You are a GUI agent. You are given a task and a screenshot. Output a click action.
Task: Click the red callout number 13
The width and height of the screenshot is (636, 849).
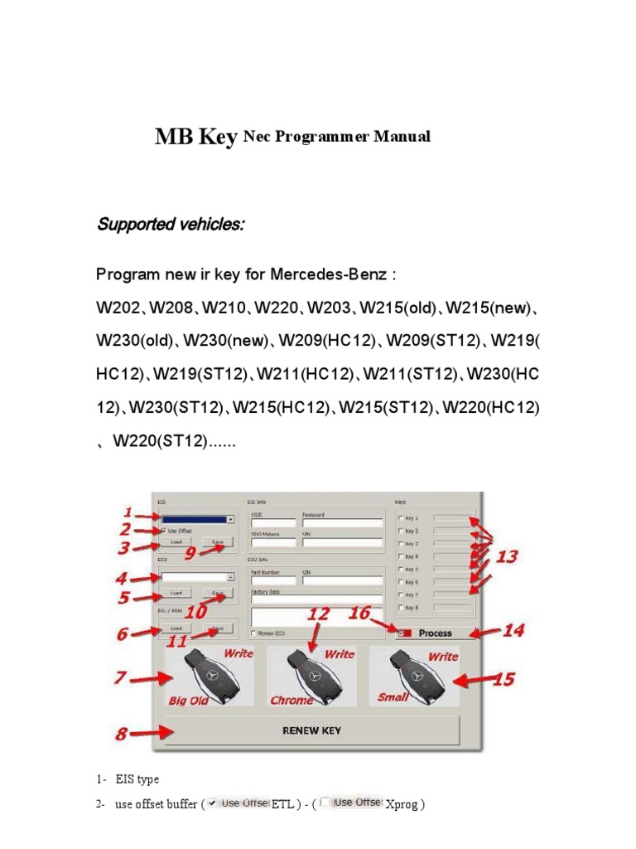click(x=507, y=556)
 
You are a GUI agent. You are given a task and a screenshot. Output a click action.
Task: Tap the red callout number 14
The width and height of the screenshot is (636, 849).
click(x=513, y=631)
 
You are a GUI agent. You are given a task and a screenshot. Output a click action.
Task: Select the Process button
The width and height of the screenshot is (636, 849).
click(x=435, y=633)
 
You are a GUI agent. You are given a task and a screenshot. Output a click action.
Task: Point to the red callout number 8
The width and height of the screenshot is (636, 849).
click(x=123, y=734)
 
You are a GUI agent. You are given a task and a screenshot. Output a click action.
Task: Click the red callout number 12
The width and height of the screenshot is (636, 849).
click(x=319, y=614)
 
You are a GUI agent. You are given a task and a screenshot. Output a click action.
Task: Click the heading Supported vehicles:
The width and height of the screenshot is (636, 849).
click(x=170, y=225)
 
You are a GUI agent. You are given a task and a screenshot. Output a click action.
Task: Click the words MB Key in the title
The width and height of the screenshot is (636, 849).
click(x=195, y=137)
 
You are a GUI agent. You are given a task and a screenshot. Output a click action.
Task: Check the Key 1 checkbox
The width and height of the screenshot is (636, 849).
click(x=402, y=519)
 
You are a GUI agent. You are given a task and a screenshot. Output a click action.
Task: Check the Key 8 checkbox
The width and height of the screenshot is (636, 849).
click(x=402, y=608)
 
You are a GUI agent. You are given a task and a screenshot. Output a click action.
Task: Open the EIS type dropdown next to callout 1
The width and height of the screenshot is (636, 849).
click(x=230, y=520)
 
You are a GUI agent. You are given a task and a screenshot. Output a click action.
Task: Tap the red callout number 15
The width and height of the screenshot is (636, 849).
click(x=503, y=680)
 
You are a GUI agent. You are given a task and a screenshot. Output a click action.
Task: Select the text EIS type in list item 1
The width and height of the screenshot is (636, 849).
click(x=137, y=779)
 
